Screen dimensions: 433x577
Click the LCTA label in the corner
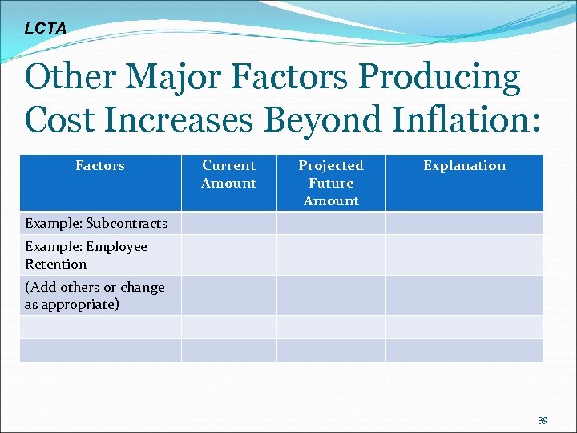tap(46, 28)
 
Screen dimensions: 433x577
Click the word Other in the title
tap(71, 78)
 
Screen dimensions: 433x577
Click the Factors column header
tap(100, 166)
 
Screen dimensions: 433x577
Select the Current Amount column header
tap(228, 174)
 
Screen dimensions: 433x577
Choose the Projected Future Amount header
tap(331, 183)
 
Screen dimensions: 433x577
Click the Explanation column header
tap(464, 166)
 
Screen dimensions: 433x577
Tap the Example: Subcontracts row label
tap(96, 223)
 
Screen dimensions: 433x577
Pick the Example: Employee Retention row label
tap(86, 255)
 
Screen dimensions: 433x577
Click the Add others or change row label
tap(95, 295)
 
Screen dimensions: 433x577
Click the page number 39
tap(543, 420)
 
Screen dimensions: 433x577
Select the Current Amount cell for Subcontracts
tap(228, 223)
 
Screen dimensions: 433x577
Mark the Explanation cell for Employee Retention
tap(464, 255)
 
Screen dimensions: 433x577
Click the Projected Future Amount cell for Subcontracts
tap(331, 223)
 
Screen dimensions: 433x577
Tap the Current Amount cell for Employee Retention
tap(228, 255)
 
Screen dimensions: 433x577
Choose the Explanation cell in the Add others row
tap(464, 295)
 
